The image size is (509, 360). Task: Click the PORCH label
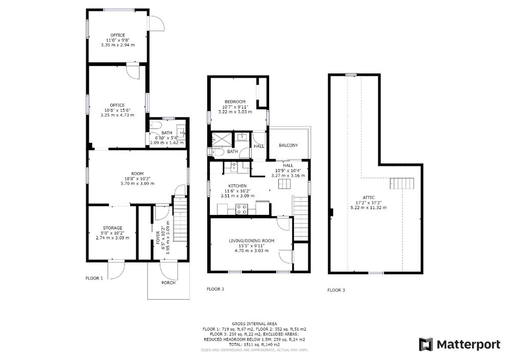click(168, 283)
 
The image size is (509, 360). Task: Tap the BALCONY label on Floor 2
click(288, 146)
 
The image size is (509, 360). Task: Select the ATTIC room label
click(369, 198)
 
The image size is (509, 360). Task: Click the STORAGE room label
click(113, 228)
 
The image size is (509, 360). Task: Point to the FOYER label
click(158, 237)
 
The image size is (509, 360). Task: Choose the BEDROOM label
click(235, 102)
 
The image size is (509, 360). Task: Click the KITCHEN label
click(237, 186)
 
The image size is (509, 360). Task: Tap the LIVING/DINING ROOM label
click(252, 241)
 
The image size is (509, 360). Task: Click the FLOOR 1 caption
click(94, 278)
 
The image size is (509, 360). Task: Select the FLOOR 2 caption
click(215, 289)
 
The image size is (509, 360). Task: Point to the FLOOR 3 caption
click(336, 290)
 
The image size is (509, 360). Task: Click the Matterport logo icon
click(426, 344)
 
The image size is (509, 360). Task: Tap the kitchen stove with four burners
click(241, 209)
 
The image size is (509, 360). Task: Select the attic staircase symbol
click(402, 183)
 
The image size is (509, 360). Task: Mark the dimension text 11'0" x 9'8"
click(117, 40)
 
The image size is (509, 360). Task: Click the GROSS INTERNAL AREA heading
click(254, 324)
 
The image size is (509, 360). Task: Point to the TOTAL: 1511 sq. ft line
click(254, 344)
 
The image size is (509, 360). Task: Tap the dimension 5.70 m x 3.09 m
click(137, 183)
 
